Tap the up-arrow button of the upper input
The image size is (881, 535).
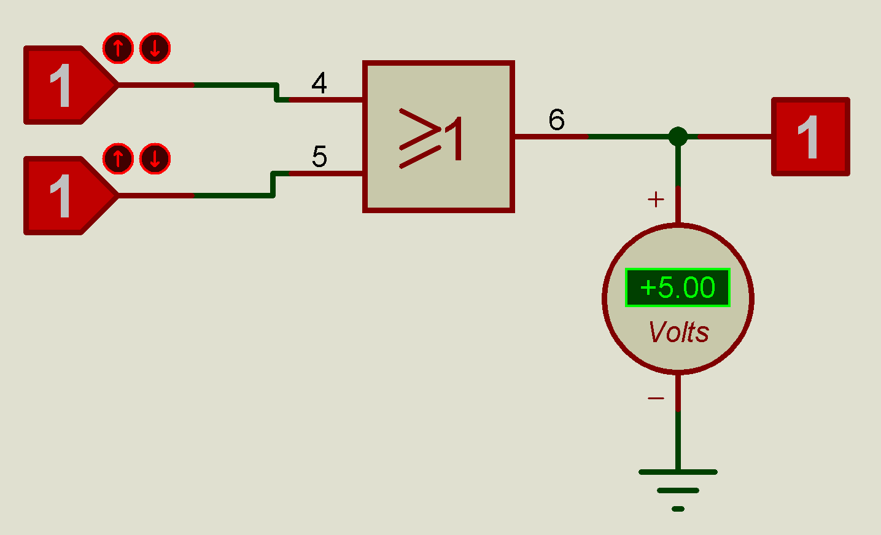(118, 48)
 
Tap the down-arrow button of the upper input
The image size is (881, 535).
(155, 48)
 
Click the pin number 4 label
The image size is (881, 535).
(319, 83)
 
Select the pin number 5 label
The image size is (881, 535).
(319, 156)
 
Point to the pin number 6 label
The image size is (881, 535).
(556, 119)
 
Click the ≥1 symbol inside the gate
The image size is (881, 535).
(430, 138)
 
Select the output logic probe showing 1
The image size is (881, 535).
(810, 136)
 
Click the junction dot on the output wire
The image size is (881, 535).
(678, 136)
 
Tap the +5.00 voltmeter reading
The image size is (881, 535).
(678, 287)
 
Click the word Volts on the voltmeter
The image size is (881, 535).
(679, 332)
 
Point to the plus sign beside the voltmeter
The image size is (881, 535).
(656, 200)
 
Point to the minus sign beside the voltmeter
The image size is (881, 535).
(656, 398)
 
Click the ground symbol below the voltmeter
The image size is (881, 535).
(678, 490)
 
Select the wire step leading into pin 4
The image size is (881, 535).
(276, 93)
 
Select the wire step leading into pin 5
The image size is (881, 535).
(273, 184)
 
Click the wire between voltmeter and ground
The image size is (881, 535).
(678, 422)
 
